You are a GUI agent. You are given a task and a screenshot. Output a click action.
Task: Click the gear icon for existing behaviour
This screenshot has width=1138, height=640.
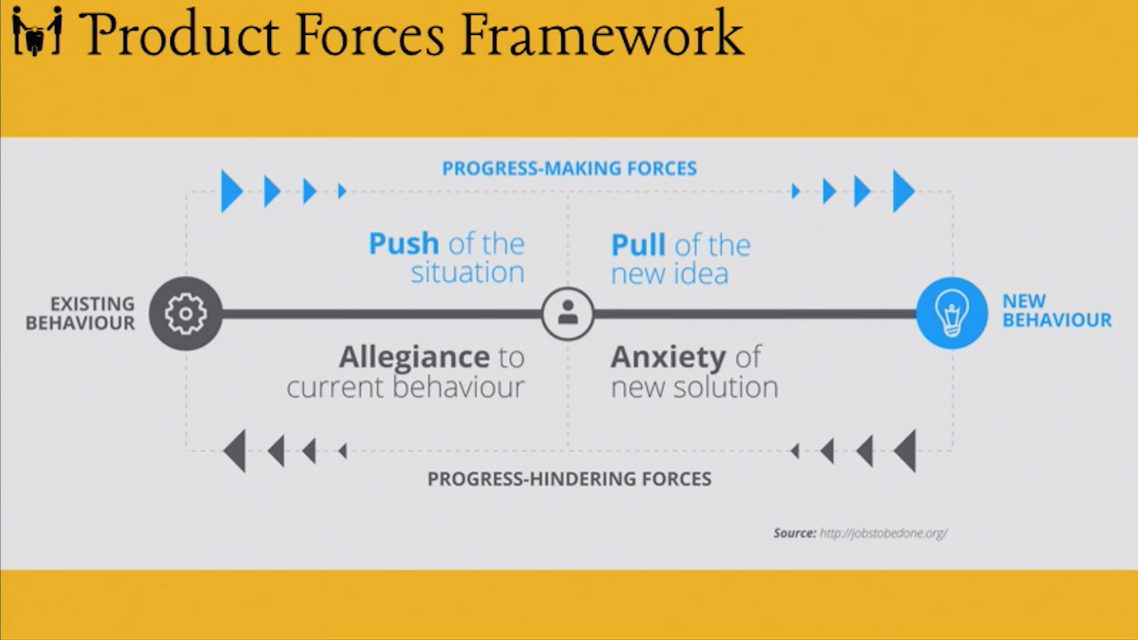tap(185, 314)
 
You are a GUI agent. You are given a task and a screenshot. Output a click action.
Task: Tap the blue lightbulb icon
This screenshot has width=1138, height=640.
tap(951, 313)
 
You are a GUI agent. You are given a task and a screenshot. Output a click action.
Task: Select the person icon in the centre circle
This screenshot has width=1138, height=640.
tap(567, 313)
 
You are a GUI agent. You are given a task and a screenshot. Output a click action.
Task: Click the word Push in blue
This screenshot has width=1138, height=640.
tap(404, 243)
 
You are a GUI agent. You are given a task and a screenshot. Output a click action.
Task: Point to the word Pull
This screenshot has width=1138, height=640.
tap(637, 245)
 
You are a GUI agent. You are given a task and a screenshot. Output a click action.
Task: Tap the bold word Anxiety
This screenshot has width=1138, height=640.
tap(668, 357)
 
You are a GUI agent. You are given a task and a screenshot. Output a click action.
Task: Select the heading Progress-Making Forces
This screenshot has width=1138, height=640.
tap(569, 168)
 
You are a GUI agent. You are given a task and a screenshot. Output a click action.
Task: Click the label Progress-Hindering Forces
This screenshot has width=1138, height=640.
tap(569, 479)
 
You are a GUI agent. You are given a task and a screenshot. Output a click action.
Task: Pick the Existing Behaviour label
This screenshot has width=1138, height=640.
tap(81, 313)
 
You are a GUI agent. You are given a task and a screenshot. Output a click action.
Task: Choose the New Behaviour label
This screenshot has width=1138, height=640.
tap(1056, 310)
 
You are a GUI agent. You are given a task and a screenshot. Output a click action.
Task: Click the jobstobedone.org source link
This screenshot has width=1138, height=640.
tap(883, 532)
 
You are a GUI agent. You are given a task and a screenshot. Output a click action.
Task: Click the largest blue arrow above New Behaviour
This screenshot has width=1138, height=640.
tap(903, 191)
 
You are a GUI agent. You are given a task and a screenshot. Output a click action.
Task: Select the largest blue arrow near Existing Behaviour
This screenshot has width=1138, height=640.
tap(231, 191)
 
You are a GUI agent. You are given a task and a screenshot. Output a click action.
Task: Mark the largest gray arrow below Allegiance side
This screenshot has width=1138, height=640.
tap(235, 451)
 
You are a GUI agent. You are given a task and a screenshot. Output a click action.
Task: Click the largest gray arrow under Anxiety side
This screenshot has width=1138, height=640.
tap(906, 451)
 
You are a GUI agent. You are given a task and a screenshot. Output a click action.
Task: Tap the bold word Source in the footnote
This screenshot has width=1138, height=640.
tap(794, 532)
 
